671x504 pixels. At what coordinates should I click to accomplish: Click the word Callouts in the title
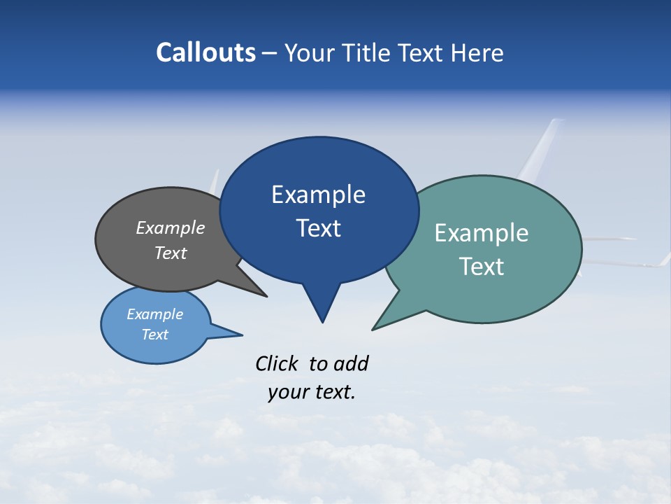(205, 52)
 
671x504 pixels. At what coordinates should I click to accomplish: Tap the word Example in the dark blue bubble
(318, 195)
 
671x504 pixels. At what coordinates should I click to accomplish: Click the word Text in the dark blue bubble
(318, 228)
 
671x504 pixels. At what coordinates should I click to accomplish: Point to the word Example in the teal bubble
(482, 233)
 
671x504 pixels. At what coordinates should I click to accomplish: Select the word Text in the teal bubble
(482, 267)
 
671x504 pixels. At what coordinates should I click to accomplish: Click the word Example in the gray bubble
(171, 228)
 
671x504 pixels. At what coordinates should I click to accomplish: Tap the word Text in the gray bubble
(171, 253)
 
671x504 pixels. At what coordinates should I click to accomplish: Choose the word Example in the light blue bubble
(154, 314)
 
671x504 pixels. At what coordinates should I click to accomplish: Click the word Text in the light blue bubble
(154, 335)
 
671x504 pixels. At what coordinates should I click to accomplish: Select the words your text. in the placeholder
(312, 392)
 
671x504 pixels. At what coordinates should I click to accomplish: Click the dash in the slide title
(270, 53)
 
